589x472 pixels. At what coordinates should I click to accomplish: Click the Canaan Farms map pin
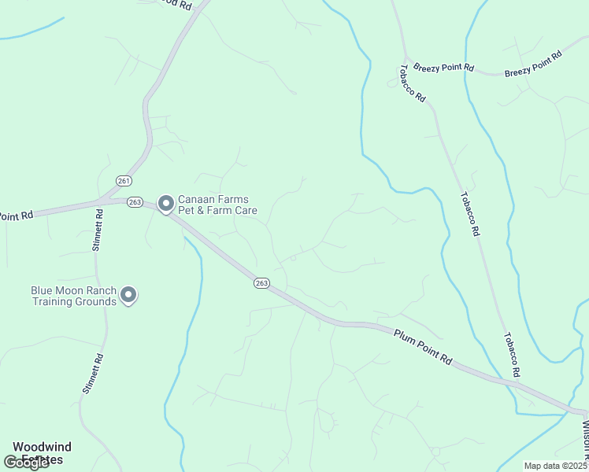point(166,204)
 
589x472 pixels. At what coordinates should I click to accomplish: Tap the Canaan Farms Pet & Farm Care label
point(217,205)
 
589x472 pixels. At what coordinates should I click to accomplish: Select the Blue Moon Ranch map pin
point(128,295)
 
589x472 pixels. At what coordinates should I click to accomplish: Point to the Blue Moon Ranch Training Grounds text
point(73,296)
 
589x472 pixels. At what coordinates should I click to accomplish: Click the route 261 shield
point(123,180)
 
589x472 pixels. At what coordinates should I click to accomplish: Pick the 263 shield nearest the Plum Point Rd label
point(262,283)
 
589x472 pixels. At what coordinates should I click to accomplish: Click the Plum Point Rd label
point(423,346)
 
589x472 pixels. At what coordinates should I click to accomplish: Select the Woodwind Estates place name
point(42,452)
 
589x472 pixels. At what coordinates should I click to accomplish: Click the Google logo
point(27,463)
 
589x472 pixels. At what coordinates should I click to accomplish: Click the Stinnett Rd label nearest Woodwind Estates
point(93,372)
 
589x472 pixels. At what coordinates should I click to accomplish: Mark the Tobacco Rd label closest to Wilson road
point(511,353)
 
